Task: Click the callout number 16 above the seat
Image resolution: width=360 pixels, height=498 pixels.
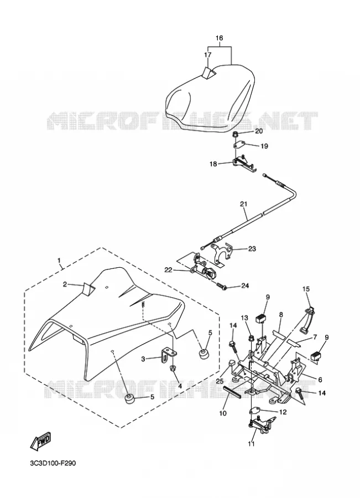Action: click(x=220, y=38)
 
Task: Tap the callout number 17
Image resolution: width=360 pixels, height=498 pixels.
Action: click(x=207, y=55)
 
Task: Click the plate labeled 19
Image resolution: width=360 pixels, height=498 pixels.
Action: click(x=239, y=145)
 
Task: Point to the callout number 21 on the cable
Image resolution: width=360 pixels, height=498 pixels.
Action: click(x=244, y=204)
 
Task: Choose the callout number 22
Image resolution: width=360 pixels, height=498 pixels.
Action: click(x=168, y=270)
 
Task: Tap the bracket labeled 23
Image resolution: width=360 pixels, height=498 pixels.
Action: click(x=224, y=252)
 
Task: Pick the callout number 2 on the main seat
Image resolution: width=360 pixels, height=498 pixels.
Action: click(x=65, y=284)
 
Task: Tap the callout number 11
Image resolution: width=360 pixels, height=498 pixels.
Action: click(x=251, y=444)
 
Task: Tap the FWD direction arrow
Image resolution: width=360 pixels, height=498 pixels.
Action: click(x=40, y=442)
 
